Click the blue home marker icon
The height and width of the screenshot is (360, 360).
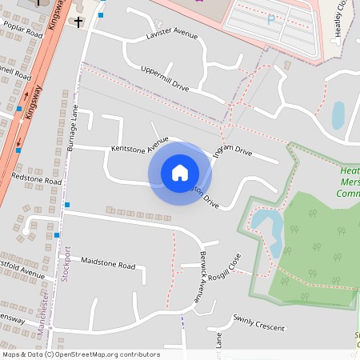pos(180,173)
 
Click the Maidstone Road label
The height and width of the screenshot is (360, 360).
pos(109,262)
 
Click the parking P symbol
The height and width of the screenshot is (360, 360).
pos(271,19)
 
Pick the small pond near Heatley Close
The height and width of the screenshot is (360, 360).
pos(338,114)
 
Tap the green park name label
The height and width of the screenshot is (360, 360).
pos(348,182)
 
